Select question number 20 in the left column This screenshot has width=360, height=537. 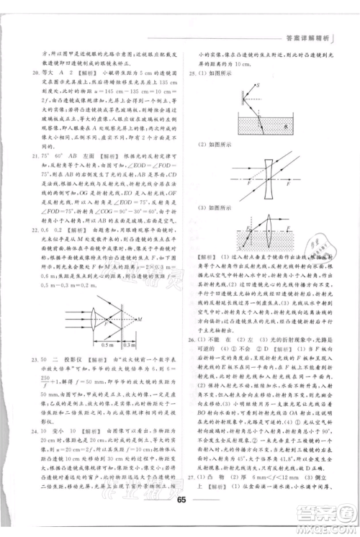tap(26, 72)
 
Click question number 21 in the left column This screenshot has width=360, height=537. tap(26, 153)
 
